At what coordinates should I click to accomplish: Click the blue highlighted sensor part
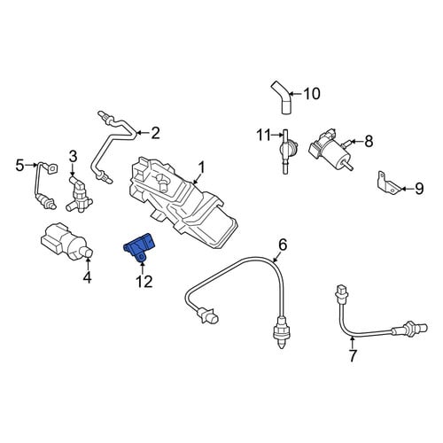click(x=139, y=247)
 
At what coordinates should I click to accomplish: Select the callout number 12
click(x=144, y=282)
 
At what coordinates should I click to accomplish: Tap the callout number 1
click(x=201, y=167)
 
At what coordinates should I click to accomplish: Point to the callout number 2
click(x=155, y=133)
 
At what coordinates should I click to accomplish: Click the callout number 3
click(x=73, y=156)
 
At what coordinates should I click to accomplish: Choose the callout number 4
click(x=88, y=277)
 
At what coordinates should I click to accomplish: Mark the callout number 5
click(x=19, y=166)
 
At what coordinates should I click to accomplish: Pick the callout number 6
click(x=283, y=245)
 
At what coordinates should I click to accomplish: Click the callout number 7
click(x=353, y=355)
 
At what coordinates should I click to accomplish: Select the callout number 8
click(x=369, y=141)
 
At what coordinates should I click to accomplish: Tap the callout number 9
click(x=419, y=189)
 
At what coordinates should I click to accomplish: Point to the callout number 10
click(x=312, y=94)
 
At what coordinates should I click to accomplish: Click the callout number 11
click(x=263, y=136)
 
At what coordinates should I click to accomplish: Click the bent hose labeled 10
click(x=283, y=98)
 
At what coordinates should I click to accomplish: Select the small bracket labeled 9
click(x=388, y=183)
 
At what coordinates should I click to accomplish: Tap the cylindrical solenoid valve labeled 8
click(x=328, y=149)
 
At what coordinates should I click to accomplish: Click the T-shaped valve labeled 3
click(x=78, y=193)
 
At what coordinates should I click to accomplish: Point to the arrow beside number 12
click(x=143, y=268)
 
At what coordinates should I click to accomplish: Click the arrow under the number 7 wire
click(x=352, y=343)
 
